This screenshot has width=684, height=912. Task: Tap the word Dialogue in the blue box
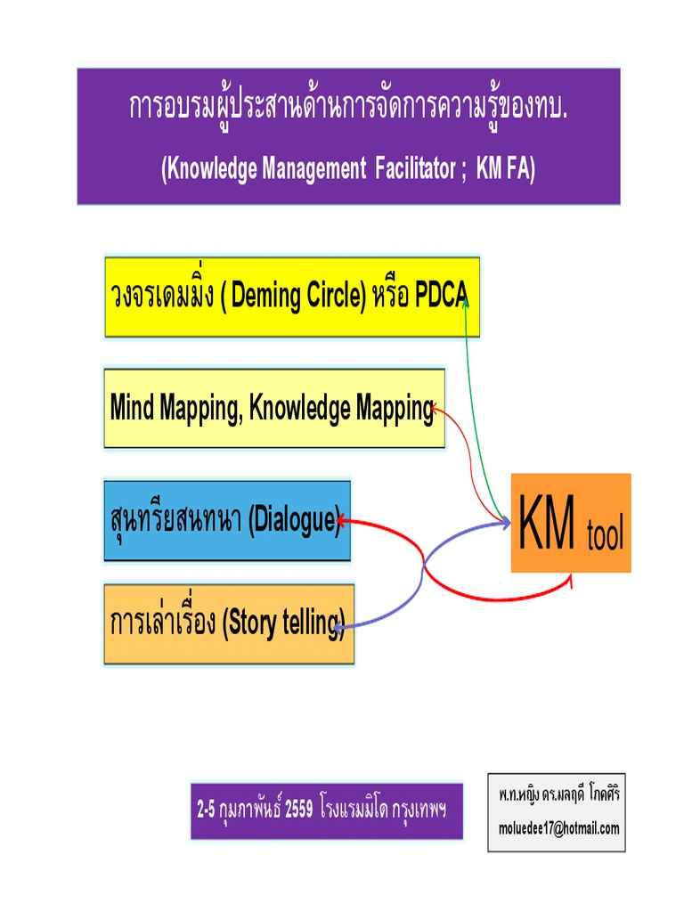click(293, 520)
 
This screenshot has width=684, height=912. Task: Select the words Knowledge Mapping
click(341, 409)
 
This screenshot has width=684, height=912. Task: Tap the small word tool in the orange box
click(606, 538)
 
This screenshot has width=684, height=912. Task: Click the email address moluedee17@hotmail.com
click(558, 827)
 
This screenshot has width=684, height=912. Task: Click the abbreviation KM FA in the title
click(503, 170)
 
